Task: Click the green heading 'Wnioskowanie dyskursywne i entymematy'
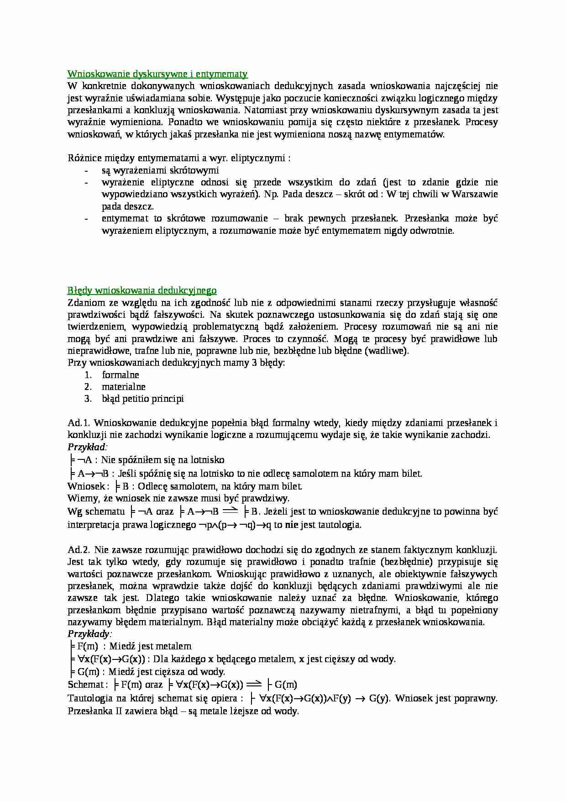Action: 157,74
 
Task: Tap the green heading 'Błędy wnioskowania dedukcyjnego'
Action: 142,290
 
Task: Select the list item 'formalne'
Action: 121,374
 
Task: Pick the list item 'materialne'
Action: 124,387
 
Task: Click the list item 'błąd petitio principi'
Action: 143,399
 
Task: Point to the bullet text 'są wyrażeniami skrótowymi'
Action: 160,170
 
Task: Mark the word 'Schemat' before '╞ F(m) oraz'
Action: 85,685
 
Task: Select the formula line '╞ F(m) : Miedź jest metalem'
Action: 130,646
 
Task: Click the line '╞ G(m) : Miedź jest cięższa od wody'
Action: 147,672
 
